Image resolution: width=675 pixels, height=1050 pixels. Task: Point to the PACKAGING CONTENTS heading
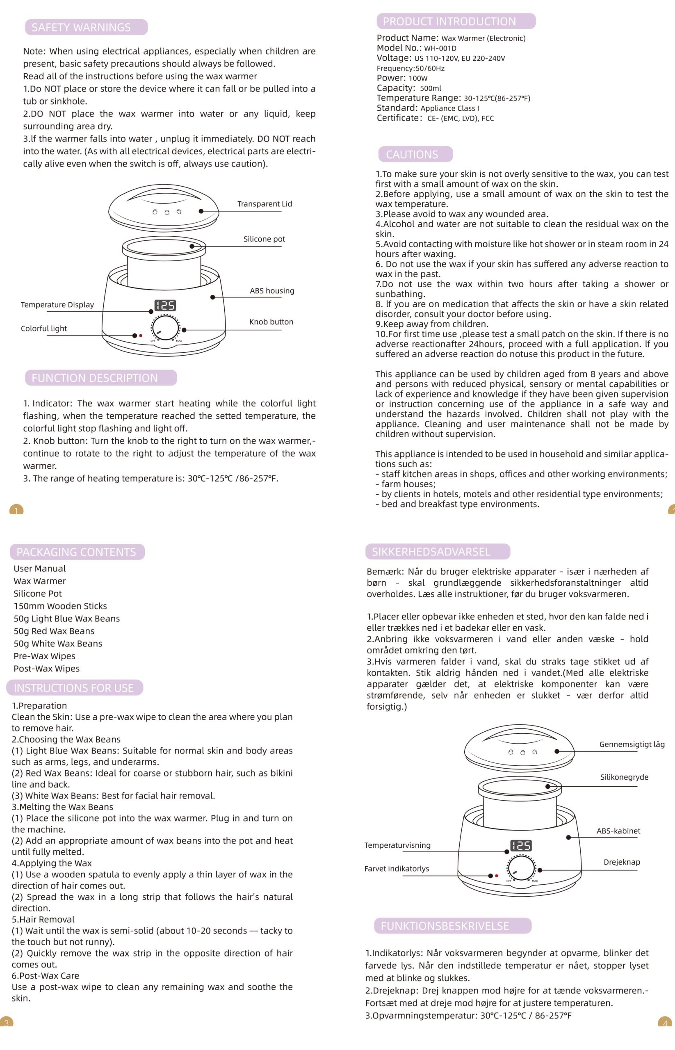(x=77, y=552)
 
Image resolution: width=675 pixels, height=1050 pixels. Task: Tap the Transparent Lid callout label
(x=265, y=204)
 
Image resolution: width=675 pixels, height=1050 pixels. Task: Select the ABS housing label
(x=272, y=291)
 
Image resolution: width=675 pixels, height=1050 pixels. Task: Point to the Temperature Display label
(x=57, y=305)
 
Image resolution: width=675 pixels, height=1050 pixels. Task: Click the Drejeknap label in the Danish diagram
(x=622, y=862)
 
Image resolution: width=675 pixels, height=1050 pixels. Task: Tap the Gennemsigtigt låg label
(x=632, y=744)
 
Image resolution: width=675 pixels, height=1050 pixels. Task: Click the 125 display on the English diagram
(x=165, y=305)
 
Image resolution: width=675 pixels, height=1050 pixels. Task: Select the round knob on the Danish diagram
(x=521, y=867)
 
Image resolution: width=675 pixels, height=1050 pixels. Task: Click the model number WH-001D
(x=440, y=48)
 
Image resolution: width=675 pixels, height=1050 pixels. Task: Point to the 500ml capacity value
(x=431, y=88)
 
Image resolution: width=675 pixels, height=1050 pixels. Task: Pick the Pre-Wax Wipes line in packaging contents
(x=44, y=656)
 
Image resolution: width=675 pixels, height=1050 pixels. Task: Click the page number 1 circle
(x=16, y=510)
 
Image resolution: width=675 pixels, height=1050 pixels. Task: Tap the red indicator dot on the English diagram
(x=141, y=336)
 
